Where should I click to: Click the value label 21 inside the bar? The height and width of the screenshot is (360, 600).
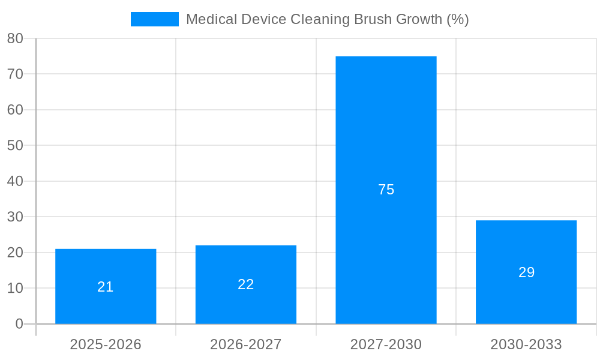tap(106, 287)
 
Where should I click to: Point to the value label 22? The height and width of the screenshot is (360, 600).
tap(246, 284)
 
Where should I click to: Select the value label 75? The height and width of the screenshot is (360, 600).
tap(386, 190)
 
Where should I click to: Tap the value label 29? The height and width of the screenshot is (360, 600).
tap(526, 272)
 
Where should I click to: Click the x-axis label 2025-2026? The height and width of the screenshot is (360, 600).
tap(106, 344)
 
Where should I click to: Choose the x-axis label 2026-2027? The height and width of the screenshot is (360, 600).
tap(246, 344)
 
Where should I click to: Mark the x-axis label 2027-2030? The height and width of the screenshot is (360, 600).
tap(386, 344)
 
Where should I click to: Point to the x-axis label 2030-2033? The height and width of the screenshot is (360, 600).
tap(526, 344)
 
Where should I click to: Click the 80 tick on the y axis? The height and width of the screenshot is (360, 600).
tap(15, 38)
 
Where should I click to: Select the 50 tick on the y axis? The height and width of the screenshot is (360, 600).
tap(15, 145)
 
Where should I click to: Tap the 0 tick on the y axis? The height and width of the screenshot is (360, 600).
tap(19, 324)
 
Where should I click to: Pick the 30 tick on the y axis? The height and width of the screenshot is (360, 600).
tap(15, 217)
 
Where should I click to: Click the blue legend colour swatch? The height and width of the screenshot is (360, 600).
tap(155, 19)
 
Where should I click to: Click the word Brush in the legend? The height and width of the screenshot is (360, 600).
tap(372, 19)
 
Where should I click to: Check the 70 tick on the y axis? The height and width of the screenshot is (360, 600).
tap(15, 74)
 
